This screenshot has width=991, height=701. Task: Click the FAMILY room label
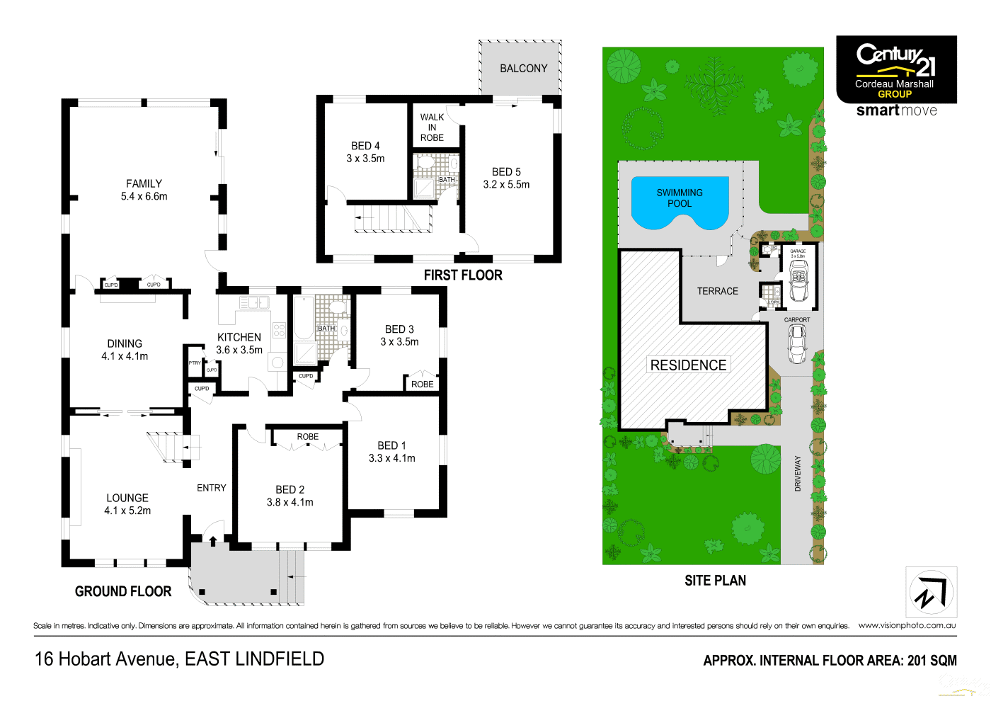(144, 183)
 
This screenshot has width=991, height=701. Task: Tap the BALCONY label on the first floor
(523, 69)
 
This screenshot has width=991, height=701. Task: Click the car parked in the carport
(797, 344)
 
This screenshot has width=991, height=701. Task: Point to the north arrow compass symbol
(931, 593)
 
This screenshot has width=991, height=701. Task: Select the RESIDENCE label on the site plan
(688, 365)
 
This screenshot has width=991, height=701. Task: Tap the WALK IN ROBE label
(432, 127)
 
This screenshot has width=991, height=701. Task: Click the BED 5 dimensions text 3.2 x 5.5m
(506, 185)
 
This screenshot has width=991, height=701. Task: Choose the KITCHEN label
(239, 338)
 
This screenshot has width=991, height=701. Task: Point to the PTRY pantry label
(195, 363)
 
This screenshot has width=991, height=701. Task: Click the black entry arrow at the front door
(213, 541)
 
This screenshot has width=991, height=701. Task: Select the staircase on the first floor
(391, 219)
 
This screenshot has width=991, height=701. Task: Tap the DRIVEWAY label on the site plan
(798, 473)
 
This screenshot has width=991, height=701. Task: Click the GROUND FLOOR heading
(123, 591)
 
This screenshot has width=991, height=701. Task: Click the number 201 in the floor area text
(917, 661)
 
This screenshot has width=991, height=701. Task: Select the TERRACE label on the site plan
(717, 291)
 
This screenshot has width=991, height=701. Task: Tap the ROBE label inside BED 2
(307, 437)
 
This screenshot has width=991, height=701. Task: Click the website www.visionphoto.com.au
(907, 625)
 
